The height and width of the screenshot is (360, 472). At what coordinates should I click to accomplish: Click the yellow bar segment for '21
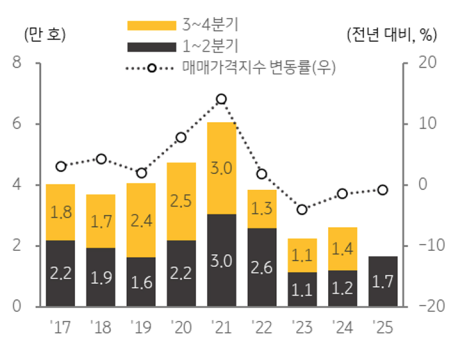(222, 168)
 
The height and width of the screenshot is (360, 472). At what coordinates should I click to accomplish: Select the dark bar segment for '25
(383, 281)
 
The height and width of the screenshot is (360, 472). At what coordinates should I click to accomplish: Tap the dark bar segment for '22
(262, 267)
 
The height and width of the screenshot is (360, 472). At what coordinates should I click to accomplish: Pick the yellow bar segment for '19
(141, 220)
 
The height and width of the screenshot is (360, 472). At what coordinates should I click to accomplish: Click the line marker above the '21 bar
(221, 99)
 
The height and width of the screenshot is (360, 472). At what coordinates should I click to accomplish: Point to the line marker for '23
(302, 210)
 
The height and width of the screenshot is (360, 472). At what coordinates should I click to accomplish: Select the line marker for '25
(383, 190)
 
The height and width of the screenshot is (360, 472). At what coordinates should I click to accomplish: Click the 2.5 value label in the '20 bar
(181, 201)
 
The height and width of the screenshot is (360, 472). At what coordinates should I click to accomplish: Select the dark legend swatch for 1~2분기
(152, 47)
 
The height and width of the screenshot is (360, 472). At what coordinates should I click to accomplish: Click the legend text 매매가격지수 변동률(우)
(259, 68)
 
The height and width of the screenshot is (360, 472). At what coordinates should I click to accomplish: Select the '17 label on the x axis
(60, 328)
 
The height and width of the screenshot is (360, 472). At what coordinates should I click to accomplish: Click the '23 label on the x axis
(302, 328)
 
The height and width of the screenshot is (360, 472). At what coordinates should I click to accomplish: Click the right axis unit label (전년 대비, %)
(391, 35)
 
